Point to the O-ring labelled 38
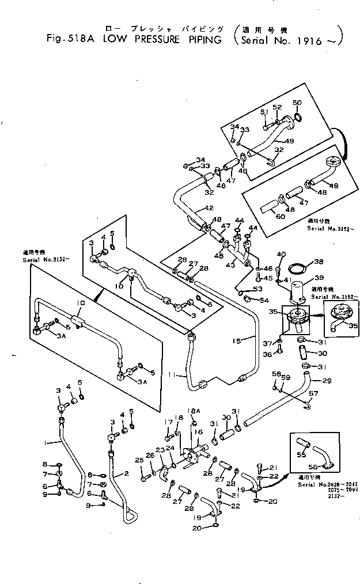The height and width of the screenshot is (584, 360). (x=298, y=269)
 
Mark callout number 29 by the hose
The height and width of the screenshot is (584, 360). (x=327, y=381)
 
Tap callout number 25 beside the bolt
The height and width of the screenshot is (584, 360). (x=138, y=460)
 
